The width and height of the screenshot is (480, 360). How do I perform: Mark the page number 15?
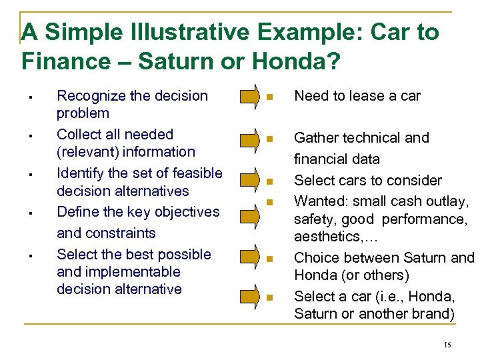pyautogui.click(x=447, y=344)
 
